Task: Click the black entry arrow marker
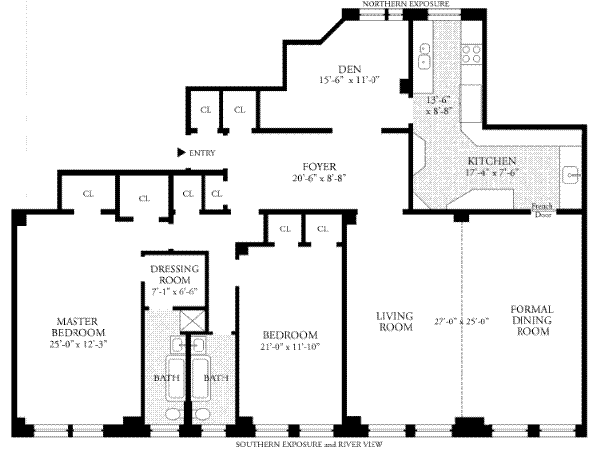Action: pyautogui.click(x=180, y=152)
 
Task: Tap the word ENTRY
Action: pyautogui.click(x=202, y=152)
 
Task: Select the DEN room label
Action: pyautogui.click(x=349, y=68)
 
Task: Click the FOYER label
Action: pyautogui.click(x=319, y=165)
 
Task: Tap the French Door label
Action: pyautogui.click(x=542, y=210)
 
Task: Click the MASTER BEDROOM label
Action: pyautogui.click(x=80, y=326)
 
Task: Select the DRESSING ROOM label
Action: pyautogui.click(x=175, y=275)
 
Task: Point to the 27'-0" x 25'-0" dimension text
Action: pyautogui.click(x=464, y=321)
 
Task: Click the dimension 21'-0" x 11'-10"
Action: pyautogui.click(x=289, y=347)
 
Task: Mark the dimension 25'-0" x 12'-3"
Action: pyautogui.click(x=80, y=344)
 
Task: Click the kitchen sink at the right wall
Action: pyautogui.click(x=573, y=174)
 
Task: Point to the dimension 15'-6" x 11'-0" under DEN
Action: pyautogui.click(x=349, y=80)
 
